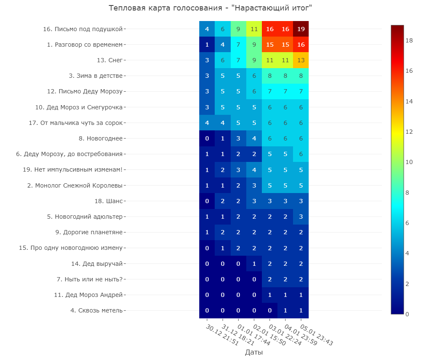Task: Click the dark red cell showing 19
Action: pyautogui.click(x=301, y=29)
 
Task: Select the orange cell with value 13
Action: pyautogui.click(x=301, y=60)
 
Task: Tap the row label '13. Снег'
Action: pyautogui.click(x=109, y=60)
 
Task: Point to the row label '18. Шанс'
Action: pyautogui.click(x=109, y=201)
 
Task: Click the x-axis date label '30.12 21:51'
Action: pyautogui.click(x=222, y=335)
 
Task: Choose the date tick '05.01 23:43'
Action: pyautogui.click(x=316, y=335)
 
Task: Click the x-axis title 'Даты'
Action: pyautogui.click(x=254, y=352)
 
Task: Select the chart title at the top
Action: pyautogui.click(x=210, y=8)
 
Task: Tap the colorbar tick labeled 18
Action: pyautogui.click(x=409, y=40)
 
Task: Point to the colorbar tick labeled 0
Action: pyautogui.click(x=407, y=314)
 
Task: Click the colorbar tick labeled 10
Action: pyautogui.click(x=409, y=162)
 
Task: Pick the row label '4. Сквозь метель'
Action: pyautogui.click(x=96, y=310)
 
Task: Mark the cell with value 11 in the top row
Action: pyautogui.click(x=254, y=29)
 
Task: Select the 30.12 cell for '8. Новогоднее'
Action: pyautogui.click(x=207, y=138)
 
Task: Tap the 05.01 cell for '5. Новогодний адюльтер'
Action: pyautogui.click(x=301, y=217)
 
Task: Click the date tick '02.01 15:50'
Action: pyautogui.click(x=269, y=335)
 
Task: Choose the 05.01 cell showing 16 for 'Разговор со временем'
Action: pyautogui.click(x=301, y=45)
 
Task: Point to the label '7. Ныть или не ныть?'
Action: pyautogui.click(x=90, y=279)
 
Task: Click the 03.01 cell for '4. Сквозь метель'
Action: pyautogui.click(x=269, y=310)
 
